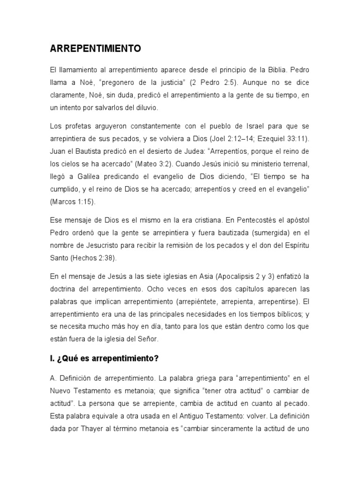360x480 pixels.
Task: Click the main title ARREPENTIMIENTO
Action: click(x=95, y=48)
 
